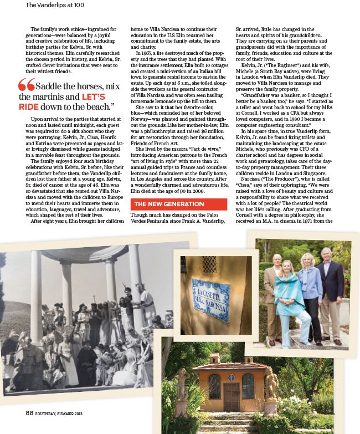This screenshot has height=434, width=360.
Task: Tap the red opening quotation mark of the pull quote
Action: tap(26, 85)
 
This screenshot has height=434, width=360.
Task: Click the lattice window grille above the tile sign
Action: tap(209, 264)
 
